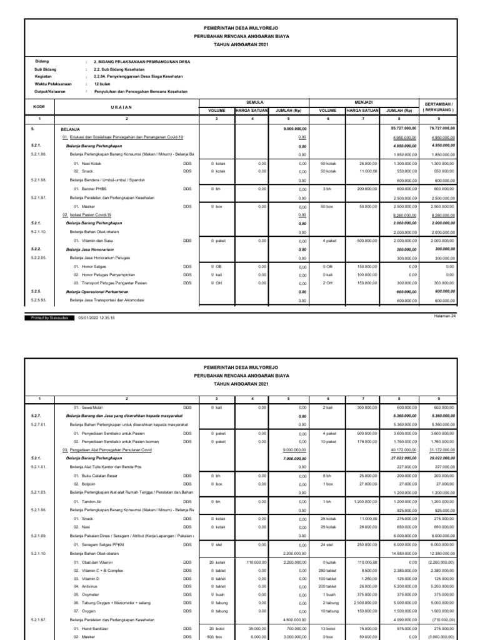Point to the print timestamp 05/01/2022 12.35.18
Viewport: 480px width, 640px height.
pyautogui.click(x=96, y=317)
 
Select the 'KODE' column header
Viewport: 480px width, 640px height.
pyautogui.click(x=39, y=107)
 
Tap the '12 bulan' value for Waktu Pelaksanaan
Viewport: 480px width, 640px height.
pyautogui.click(x=102, y=83)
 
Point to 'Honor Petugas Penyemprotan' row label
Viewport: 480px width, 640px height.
pyautogui.click(x=105, y=274)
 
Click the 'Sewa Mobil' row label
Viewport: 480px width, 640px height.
pyautogui.click(x=90, y=407)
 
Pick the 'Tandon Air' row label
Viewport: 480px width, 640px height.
pyautogui.click(x=89, y=501)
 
